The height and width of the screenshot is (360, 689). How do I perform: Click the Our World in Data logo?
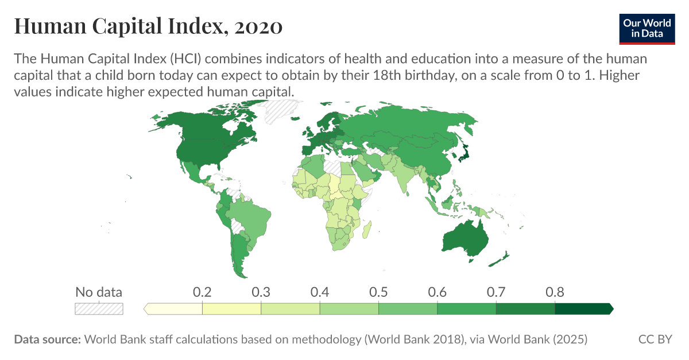[647, 27]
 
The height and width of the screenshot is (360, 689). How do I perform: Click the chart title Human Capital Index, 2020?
[148, 26]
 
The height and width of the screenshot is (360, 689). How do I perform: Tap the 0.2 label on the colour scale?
[202, 292]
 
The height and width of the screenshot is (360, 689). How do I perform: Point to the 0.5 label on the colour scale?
[378, 292]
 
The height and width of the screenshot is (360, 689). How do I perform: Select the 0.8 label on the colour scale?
[555, 292]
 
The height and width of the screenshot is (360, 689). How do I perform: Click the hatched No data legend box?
[99, 309]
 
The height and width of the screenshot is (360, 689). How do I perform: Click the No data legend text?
[99, 292]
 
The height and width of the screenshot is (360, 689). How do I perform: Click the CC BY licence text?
[655, 339]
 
